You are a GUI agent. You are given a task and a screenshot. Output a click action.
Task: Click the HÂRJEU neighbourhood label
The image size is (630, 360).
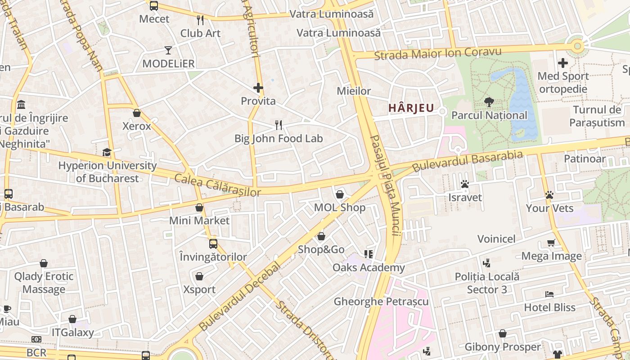point(411,108)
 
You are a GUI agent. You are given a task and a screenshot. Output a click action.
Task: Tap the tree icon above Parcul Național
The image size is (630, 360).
point(489,102)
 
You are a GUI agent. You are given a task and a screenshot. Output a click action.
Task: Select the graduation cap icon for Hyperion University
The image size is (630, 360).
point(107,153)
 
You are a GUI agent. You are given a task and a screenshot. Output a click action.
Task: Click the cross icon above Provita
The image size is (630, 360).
point(258,88)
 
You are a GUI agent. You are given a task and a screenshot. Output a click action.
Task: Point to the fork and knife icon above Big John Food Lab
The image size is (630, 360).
point(279,125)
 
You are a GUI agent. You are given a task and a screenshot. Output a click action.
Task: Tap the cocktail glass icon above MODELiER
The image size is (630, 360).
point(168,50)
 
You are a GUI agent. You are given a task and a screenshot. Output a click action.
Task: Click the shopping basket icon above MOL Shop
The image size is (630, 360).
point(340,194)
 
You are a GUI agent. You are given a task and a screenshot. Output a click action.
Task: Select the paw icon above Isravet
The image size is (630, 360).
point(465,184)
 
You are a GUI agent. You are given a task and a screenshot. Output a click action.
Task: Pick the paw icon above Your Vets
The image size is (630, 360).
point(549,195)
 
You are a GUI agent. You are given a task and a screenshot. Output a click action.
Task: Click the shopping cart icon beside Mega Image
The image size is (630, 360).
point(551,243)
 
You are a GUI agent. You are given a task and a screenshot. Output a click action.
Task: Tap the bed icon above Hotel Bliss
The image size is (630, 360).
point(549,294)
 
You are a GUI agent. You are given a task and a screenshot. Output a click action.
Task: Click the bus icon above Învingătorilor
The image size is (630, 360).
point(213,244)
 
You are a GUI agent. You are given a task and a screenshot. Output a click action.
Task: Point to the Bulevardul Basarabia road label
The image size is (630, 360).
point(468,161)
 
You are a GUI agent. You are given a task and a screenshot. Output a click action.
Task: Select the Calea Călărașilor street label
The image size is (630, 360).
point(217,185)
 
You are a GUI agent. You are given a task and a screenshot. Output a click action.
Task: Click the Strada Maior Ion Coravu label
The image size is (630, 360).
point(437,53)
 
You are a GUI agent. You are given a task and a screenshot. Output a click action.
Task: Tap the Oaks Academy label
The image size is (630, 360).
point(369,268)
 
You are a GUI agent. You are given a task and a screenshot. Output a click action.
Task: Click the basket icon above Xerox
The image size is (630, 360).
point(137,113)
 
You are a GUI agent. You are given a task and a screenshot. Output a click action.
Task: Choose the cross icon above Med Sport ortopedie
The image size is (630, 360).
point(562,63)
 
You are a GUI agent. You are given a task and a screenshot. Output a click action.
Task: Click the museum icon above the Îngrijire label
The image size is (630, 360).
point(21,105)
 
